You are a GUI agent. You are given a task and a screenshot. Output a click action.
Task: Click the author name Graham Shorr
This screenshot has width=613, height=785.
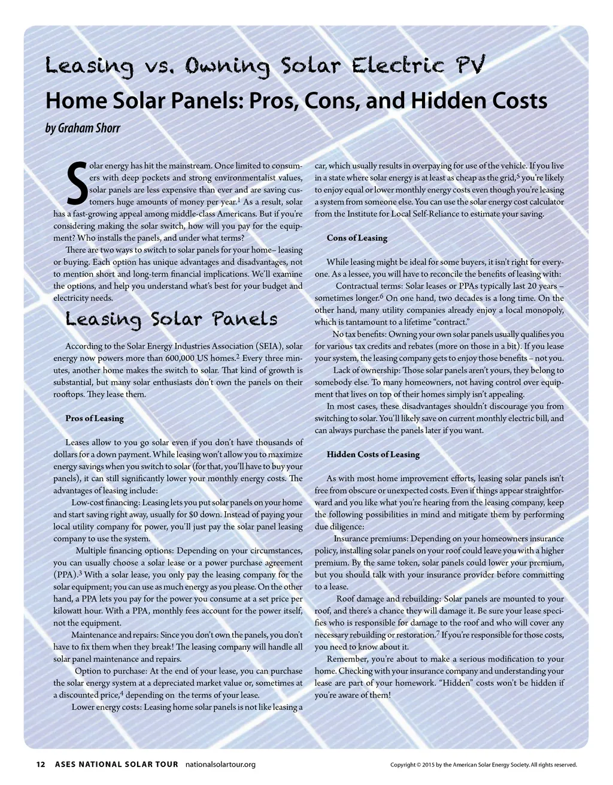pyautogui.click(x=83, y=128)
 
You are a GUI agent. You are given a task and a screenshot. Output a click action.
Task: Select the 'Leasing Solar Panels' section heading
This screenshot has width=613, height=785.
pyautogui.click(x=171, y=319)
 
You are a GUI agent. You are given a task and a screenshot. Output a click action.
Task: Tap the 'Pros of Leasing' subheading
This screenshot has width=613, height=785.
pyautogui.click(x=95, y=418)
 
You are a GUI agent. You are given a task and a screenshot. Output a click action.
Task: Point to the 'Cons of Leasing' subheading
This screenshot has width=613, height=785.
pyautogui.click(x=357, y=238)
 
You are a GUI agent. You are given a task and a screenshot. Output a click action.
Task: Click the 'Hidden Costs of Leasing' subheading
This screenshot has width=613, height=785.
pyautogui.click(x=373, y=454)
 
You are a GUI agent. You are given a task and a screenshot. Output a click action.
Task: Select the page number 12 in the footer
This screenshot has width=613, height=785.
pyautogui.click(x=41, y=764)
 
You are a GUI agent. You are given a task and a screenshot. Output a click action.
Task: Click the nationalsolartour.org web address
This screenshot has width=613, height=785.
pyautogui.click(x=220, y=764)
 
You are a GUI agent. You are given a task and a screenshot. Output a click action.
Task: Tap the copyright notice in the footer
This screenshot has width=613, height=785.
pyautogui.click(x=483, y=765)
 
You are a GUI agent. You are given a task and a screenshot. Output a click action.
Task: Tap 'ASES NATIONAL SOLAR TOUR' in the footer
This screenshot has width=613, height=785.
pyautogui.click(x=116, y=764)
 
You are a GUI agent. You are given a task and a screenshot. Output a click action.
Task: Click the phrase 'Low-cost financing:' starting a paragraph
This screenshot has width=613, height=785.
pyautogui.click(x=105, y=503)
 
